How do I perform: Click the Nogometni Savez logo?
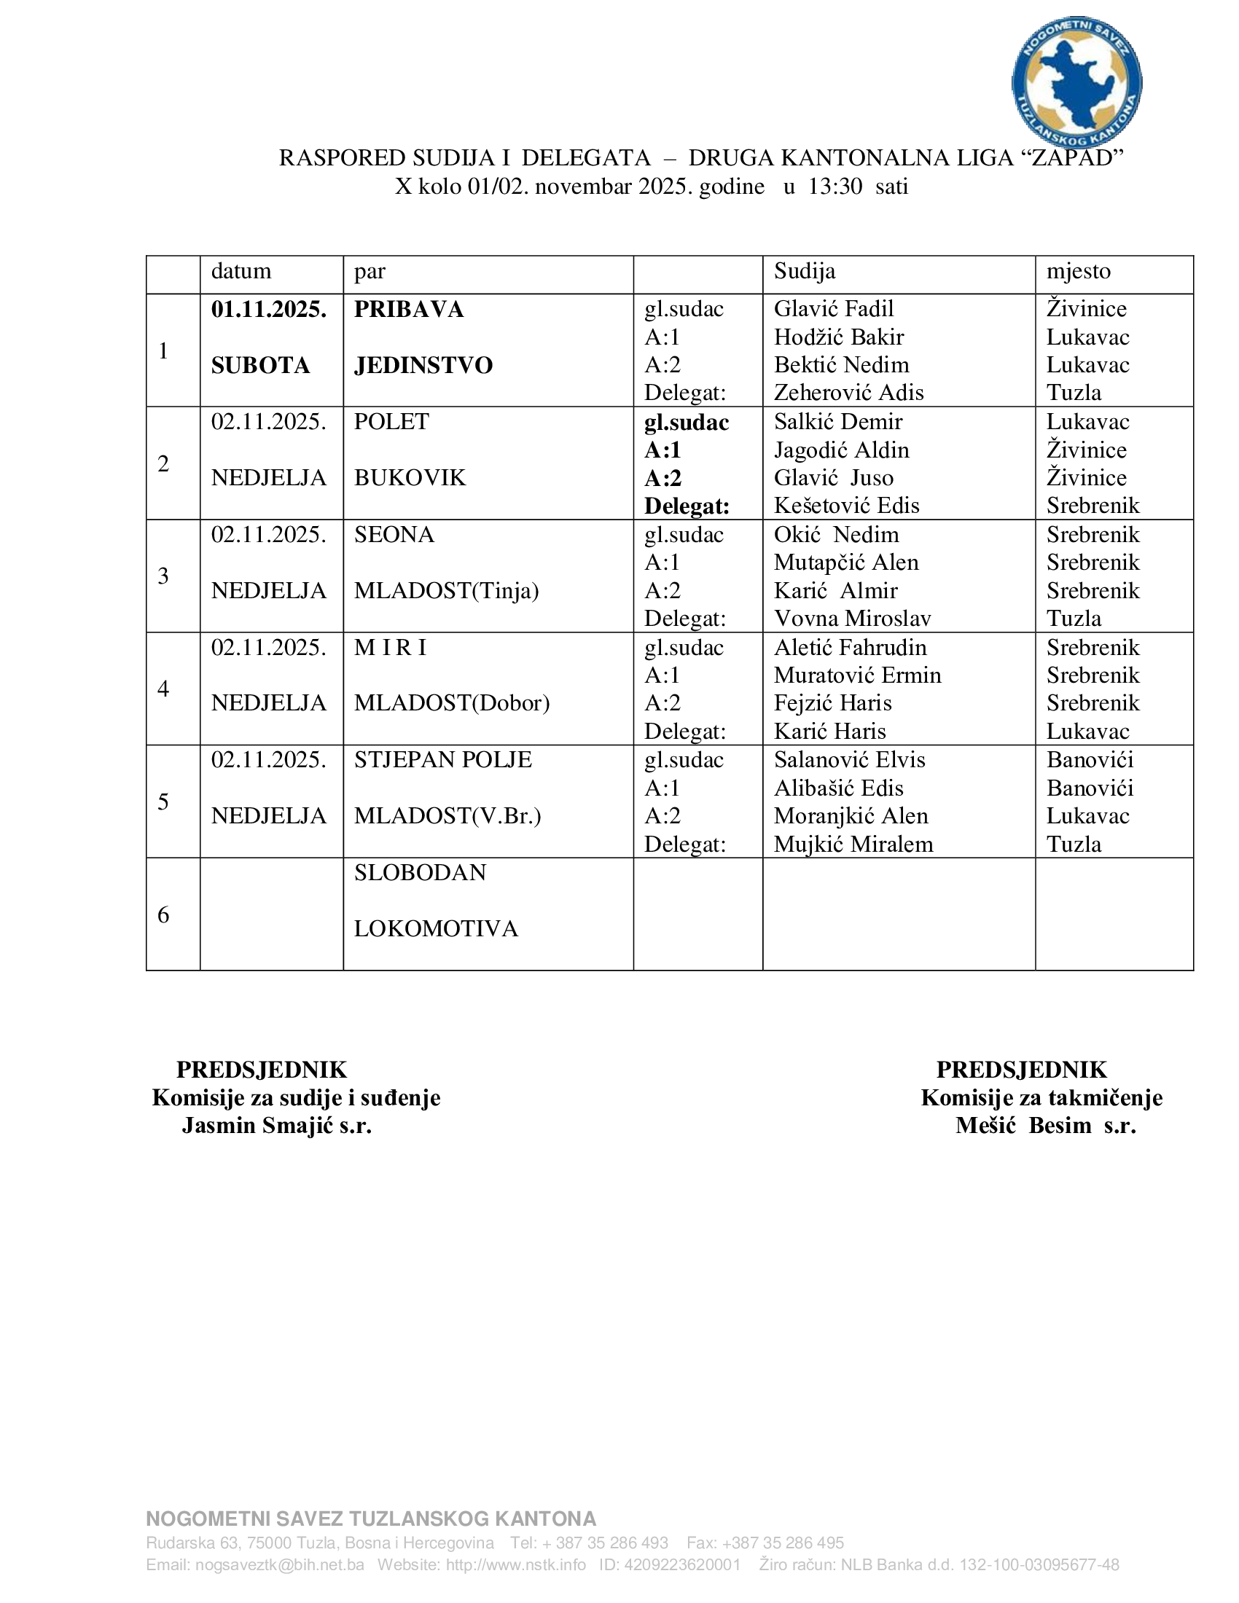pyautogui.click(x=1076, y=82)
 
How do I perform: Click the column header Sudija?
pyautogui.click(x=805, y=272)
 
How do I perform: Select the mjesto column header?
pyautogui.click(x=1078, y=272)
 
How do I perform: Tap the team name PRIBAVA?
pyautogui.click(x=409, y=309)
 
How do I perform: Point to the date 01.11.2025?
pyautogui.click(x=269, y=309)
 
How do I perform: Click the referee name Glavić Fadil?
pyautogui.click(x=834, y=309)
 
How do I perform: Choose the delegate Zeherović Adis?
pyautogui.click(x=848, y=393)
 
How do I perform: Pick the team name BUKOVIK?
pyautogui.click(x=410, y=478)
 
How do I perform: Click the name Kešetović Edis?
pyautogui.click(x=846, y=506)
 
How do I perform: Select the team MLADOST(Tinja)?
pyautogui.click(x=446, y=591)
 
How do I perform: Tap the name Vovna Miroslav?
pyautogui.click(x=852, y=619)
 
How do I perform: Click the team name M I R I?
pyautogui.click(x=391, y=647)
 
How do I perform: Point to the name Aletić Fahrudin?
pyautogui.click(x=850, y=647)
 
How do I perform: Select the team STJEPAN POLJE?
pyautogui.click(x=442, y=760)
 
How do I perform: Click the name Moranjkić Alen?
pyautogui.click(x=851, y=816)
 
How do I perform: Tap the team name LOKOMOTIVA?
pyautogui.click(x=436, y=929)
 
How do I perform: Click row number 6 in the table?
pyautogui.click(x=164, y=914)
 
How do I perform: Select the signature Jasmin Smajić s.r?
pyautogui.click(x=277, y=1125)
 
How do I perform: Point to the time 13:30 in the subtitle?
pyautogui.click(x=835, y=187)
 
